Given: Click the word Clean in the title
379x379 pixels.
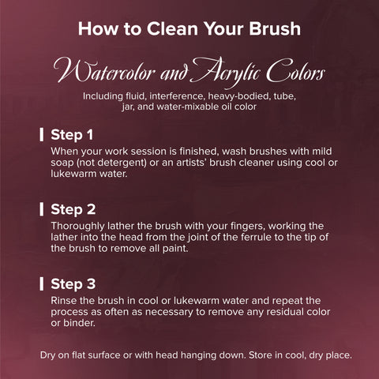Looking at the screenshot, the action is click(172, 28).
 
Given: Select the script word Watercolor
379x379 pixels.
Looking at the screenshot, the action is click(104, 71).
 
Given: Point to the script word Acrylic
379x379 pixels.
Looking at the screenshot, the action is click(226, 71).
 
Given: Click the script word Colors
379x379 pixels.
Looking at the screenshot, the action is click(295, 70).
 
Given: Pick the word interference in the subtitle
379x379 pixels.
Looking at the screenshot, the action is click(177, 96).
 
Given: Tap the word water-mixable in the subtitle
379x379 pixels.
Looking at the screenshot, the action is click(184, 107).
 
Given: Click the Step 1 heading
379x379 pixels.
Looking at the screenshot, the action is click(72, 135).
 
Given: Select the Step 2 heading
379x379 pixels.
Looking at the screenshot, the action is click(73, 209).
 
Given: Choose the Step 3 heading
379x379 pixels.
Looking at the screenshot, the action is click(73, 284).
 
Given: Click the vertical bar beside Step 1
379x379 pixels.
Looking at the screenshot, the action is click(42, 135).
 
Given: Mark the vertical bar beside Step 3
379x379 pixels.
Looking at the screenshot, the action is click(42, 283).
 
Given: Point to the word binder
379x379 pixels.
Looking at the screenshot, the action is click(79, 323).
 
